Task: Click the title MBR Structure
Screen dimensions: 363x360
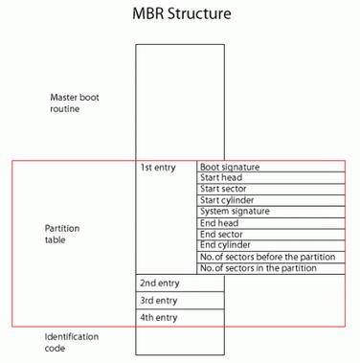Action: pos(181,15)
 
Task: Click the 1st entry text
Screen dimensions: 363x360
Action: pos(158,168)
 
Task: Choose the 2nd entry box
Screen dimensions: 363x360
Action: pos(180,284)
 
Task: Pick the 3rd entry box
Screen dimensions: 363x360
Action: pos(180,301)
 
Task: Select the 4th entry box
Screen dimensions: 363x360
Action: pos(180,318)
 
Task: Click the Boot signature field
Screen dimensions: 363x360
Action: pos(271,167)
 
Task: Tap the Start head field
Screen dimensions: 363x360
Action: pos(271,178)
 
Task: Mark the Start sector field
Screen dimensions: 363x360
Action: pos(271,190)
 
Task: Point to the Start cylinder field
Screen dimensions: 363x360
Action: pos(271,200)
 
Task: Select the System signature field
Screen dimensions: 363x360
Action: pos(271,212)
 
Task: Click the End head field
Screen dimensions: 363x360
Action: pos(271,223)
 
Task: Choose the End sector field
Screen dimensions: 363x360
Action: pos(271,235)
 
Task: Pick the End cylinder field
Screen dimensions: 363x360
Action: pos(271,245)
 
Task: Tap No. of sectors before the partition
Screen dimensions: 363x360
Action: pos(271,257)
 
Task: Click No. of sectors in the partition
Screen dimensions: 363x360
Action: pos(271,268)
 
